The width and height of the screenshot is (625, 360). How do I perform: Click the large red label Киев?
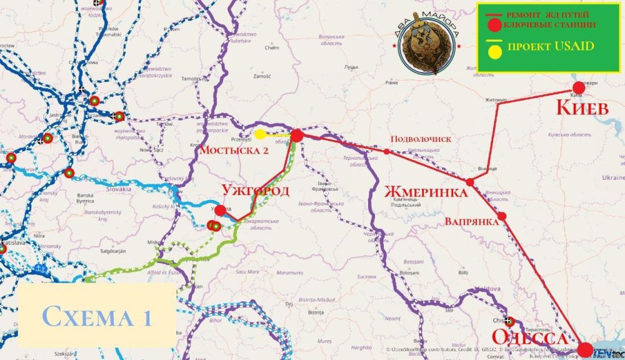pos(582,108)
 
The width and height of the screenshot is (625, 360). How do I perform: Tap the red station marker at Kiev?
pos(577,87)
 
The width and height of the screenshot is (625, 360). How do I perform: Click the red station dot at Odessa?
pos(586,349)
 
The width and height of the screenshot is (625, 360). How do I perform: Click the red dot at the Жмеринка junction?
pos(470,182)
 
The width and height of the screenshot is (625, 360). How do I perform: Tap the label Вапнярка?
pos(471,221)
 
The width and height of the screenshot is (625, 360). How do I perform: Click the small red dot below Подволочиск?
pos(387,152)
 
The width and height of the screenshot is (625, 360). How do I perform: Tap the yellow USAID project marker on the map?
pos(260,134)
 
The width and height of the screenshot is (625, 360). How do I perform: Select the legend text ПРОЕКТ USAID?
pos(550,47)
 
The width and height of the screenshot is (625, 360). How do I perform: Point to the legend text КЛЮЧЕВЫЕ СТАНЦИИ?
pos(549,24)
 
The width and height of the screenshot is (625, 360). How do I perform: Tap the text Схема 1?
pos(97,316)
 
